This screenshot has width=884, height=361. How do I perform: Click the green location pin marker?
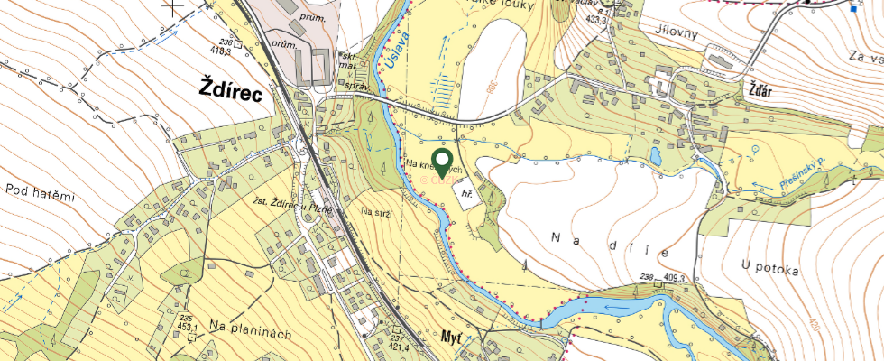point(442,163)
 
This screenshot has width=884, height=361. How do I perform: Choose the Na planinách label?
point(250,333)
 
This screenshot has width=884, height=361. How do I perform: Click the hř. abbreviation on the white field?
point(467,193)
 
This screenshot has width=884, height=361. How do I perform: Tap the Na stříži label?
point(375,212)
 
